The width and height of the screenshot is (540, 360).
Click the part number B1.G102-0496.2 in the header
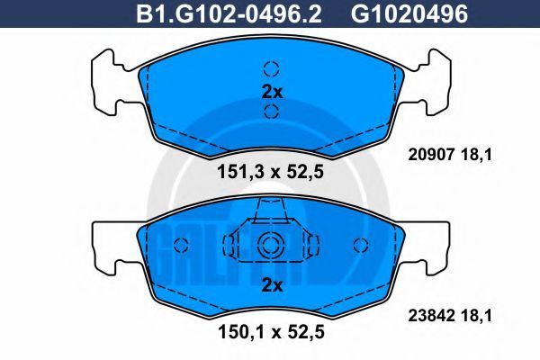[x=229, y=14]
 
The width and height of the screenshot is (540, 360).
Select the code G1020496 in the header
[x=409, y=14]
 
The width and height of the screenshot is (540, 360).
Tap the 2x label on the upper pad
[x=272, y=93]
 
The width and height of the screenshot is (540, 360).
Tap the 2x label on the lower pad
[x=272, y=285]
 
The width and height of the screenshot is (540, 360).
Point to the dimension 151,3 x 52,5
[x=270, y=172]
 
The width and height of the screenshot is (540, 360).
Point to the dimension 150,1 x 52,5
[x=271, y=332]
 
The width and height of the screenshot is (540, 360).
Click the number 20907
[x=431, y=155]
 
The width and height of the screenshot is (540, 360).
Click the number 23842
[x=431, y=316]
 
